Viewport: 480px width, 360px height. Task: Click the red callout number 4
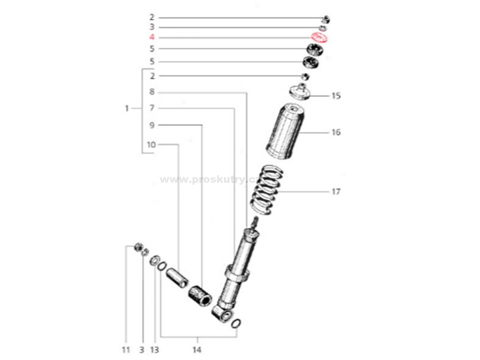pos(152,37)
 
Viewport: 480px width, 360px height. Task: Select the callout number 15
pos(335,96)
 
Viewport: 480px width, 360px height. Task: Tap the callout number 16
pos(335,132)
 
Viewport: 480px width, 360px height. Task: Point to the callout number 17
pos(335,192)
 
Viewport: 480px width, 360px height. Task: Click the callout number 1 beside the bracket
pos(127,109)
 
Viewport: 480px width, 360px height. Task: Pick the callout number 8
pos(152,92)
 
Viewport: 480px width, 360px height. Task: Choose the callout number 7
pos(152,109)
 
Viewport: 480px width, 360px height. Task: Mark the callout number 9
pos(152,125)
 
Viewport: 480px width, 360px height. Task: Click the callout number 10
pos(151,145)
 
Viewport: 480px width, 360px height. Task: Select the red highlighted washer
pos(319,38)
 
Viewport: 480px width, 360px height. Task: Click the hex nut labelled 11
pos(138,247)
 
